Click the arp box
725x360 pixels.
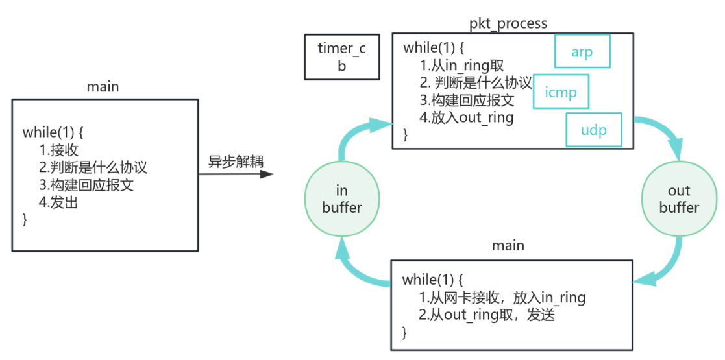coord(582,52)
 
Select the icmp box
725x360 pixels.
coord(561,92)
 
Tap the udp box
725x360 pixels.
coord(594,130)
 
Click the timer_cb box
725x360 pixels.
coord(341,57)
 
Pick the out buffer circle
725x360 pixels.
coord(678,198)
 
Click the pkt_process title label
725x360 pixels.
coord(508,23)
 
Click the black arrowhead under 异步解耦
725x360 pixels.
coord(266,174)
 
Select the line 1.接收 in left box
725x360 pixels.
coord(58,150)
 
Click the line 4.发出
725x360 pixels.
coord(58,202)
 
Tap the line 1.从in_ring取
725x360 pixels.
coord(461,66)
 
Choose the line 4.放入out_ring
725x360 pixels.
coord(467,117)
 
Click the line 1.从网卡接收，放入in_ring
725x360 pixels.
coord(502,298)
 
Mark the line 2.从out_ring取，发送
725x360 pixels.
coord(487,315)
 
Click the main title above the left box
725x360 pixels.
coord(103,86)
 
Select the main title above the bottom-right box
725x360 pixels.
coord(508,246)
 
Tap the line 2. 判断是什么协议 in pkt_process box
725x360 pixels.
coord(475,83)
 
